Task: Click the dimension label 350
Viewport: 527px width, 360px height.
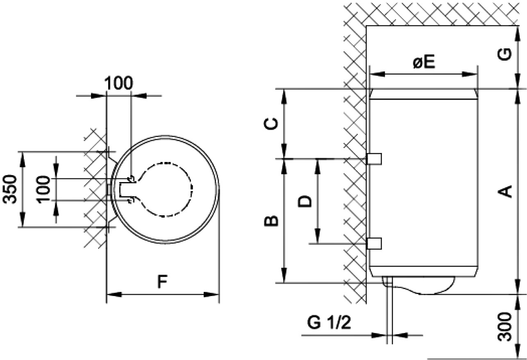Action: click(10, 189)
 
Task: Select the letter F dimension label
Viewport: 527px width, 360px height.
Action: click(162, 282)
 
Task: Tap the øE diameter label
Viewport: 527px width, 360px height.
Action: click(424, 62)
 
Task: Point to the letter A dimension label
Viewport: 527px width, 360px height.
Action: click(505, 191)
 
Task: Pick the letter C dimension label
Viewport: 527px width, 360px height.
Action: click(271, 124)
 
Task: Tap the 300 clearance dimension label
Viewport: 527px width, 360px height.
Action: click(505, 326)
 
